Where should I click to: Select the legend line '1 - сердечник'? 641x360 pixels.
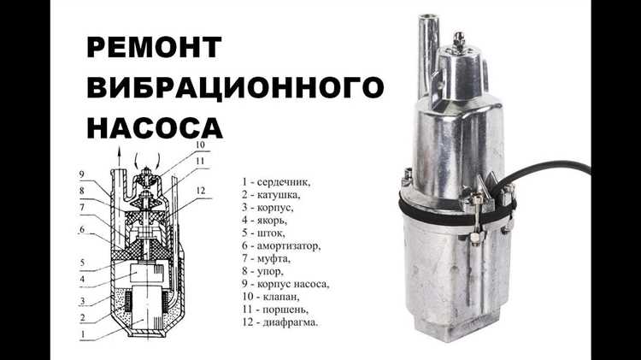276,181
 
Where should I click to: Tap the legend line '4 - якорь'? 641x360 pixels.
268,220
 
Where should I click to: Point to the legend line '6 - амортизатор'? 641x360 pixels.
282,245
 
